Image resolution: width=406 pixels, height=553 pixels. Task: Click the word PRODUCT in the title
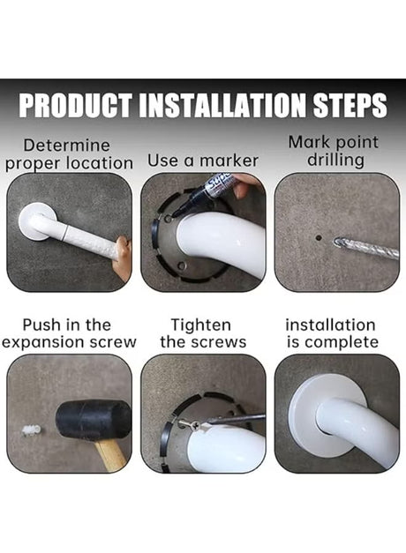[74, 105]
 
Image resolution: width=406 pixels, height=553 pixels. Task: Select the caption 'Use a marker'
[203, 161]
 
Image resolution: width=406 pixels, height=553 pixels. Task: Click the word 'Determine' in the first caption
[67, 146]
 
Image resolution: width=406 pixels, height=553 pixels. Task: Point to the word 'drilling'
[335, 160]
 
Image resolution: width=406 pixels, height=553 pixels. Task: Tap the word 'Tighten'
[201, 325]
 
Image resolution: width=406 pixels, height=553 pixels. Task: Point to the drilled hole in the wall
[319, 238]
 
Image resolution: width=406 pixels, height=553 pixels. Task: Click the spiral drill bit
[365, 247]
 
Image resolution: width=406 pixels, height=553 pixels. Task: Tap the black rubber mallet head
[94, 421]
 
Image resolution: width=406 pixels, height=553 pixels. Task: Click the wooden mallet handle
[111, 454]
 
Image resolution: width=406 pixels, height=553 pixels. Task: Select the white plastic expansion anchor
[32, 430]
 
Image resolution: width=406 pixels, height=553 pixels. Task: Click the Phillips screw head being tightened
[194, 426]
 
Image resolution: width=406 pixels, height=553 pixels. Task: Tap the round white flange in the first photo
[34, 221]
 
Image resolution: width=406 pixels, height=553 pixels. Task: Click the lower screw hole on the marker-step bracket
[182, 265]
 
